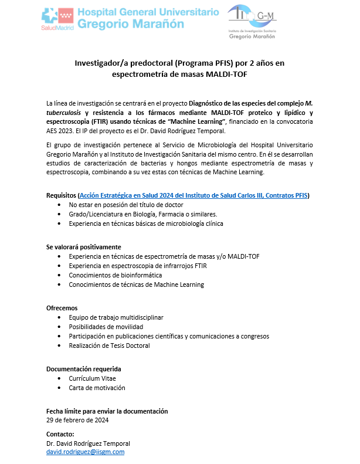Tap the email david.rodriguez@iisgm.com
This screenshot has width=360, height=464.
(86, 452)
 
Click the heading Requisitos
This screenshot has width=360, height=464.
(61, 195)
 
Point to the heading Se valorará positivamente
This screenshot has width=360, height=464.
(83, 247)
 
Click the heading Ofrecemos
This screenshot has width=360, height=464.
(62, 308)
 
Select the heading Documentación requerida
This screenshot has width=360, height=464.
(83, 369)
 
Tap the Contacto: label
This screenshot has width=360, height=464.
(60, 434)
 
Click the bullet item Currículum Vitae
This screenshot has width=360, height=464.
(92, 378)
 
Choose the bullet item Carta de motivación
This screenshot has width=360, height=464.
(97, 388)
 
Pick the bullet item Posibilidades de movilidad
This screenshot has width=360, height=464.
(106, 327)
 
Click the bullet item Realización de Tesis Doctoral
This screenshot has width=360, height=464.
(109, 346)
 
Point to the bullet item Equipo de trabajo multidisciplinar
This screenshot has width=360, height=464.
(116, 317)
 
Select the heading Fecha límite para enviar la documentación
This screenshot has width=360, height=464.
(107, 411)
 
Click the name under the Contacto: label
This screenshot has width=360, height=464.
(88, 443)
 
